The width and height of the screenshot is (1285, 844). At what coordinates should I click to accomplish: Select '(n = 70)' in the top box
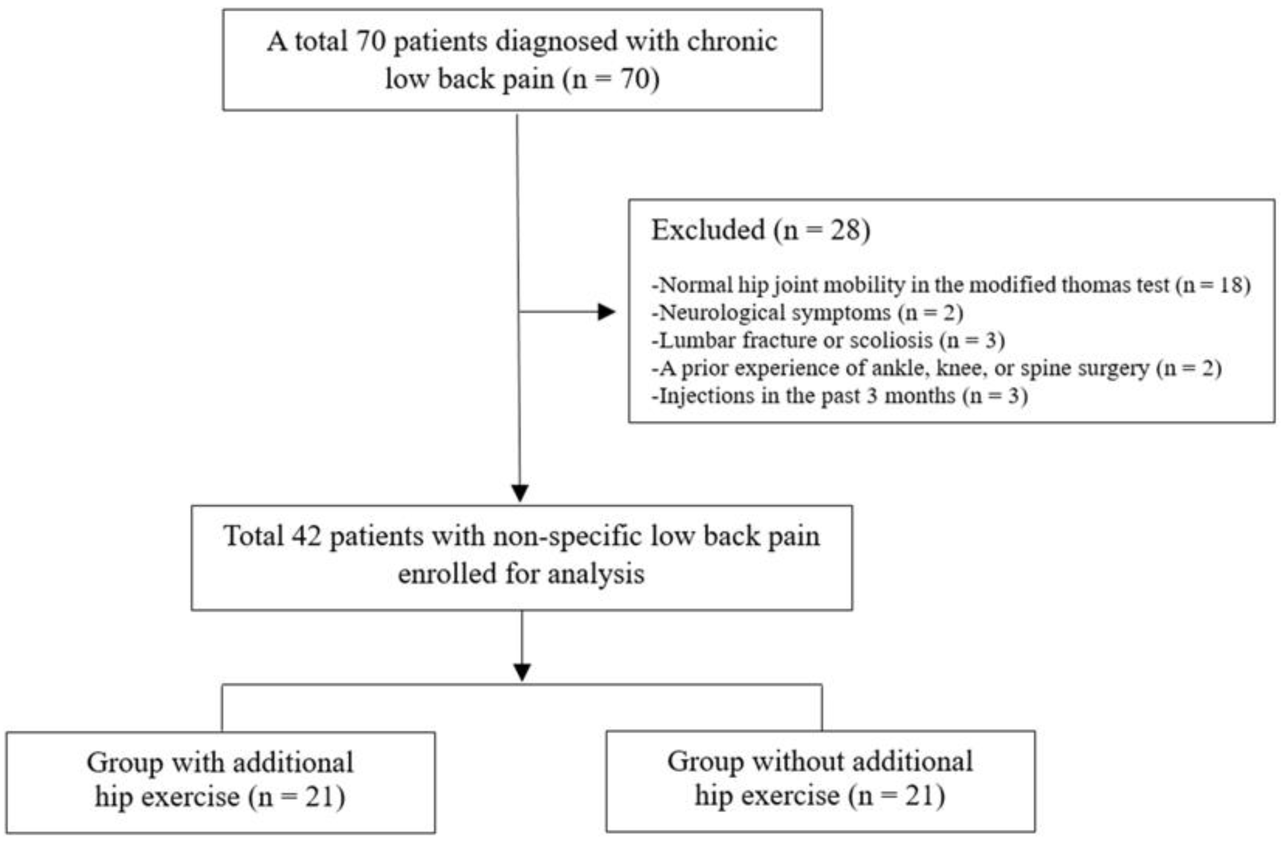pos(611,79)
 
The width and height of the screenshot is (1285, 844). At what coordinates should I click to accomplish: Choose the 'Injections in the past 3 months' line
pos(840,396)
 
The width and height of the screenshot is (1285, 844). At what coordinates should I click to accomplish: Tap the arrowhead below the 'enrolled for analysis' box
pos(522,672)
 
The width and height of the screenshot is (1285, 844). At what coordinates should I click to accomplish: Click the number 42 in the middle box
pos(306,537)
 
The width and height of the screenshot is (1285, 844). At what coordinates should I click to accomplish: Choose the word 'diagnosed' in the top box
pos(556,42)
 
